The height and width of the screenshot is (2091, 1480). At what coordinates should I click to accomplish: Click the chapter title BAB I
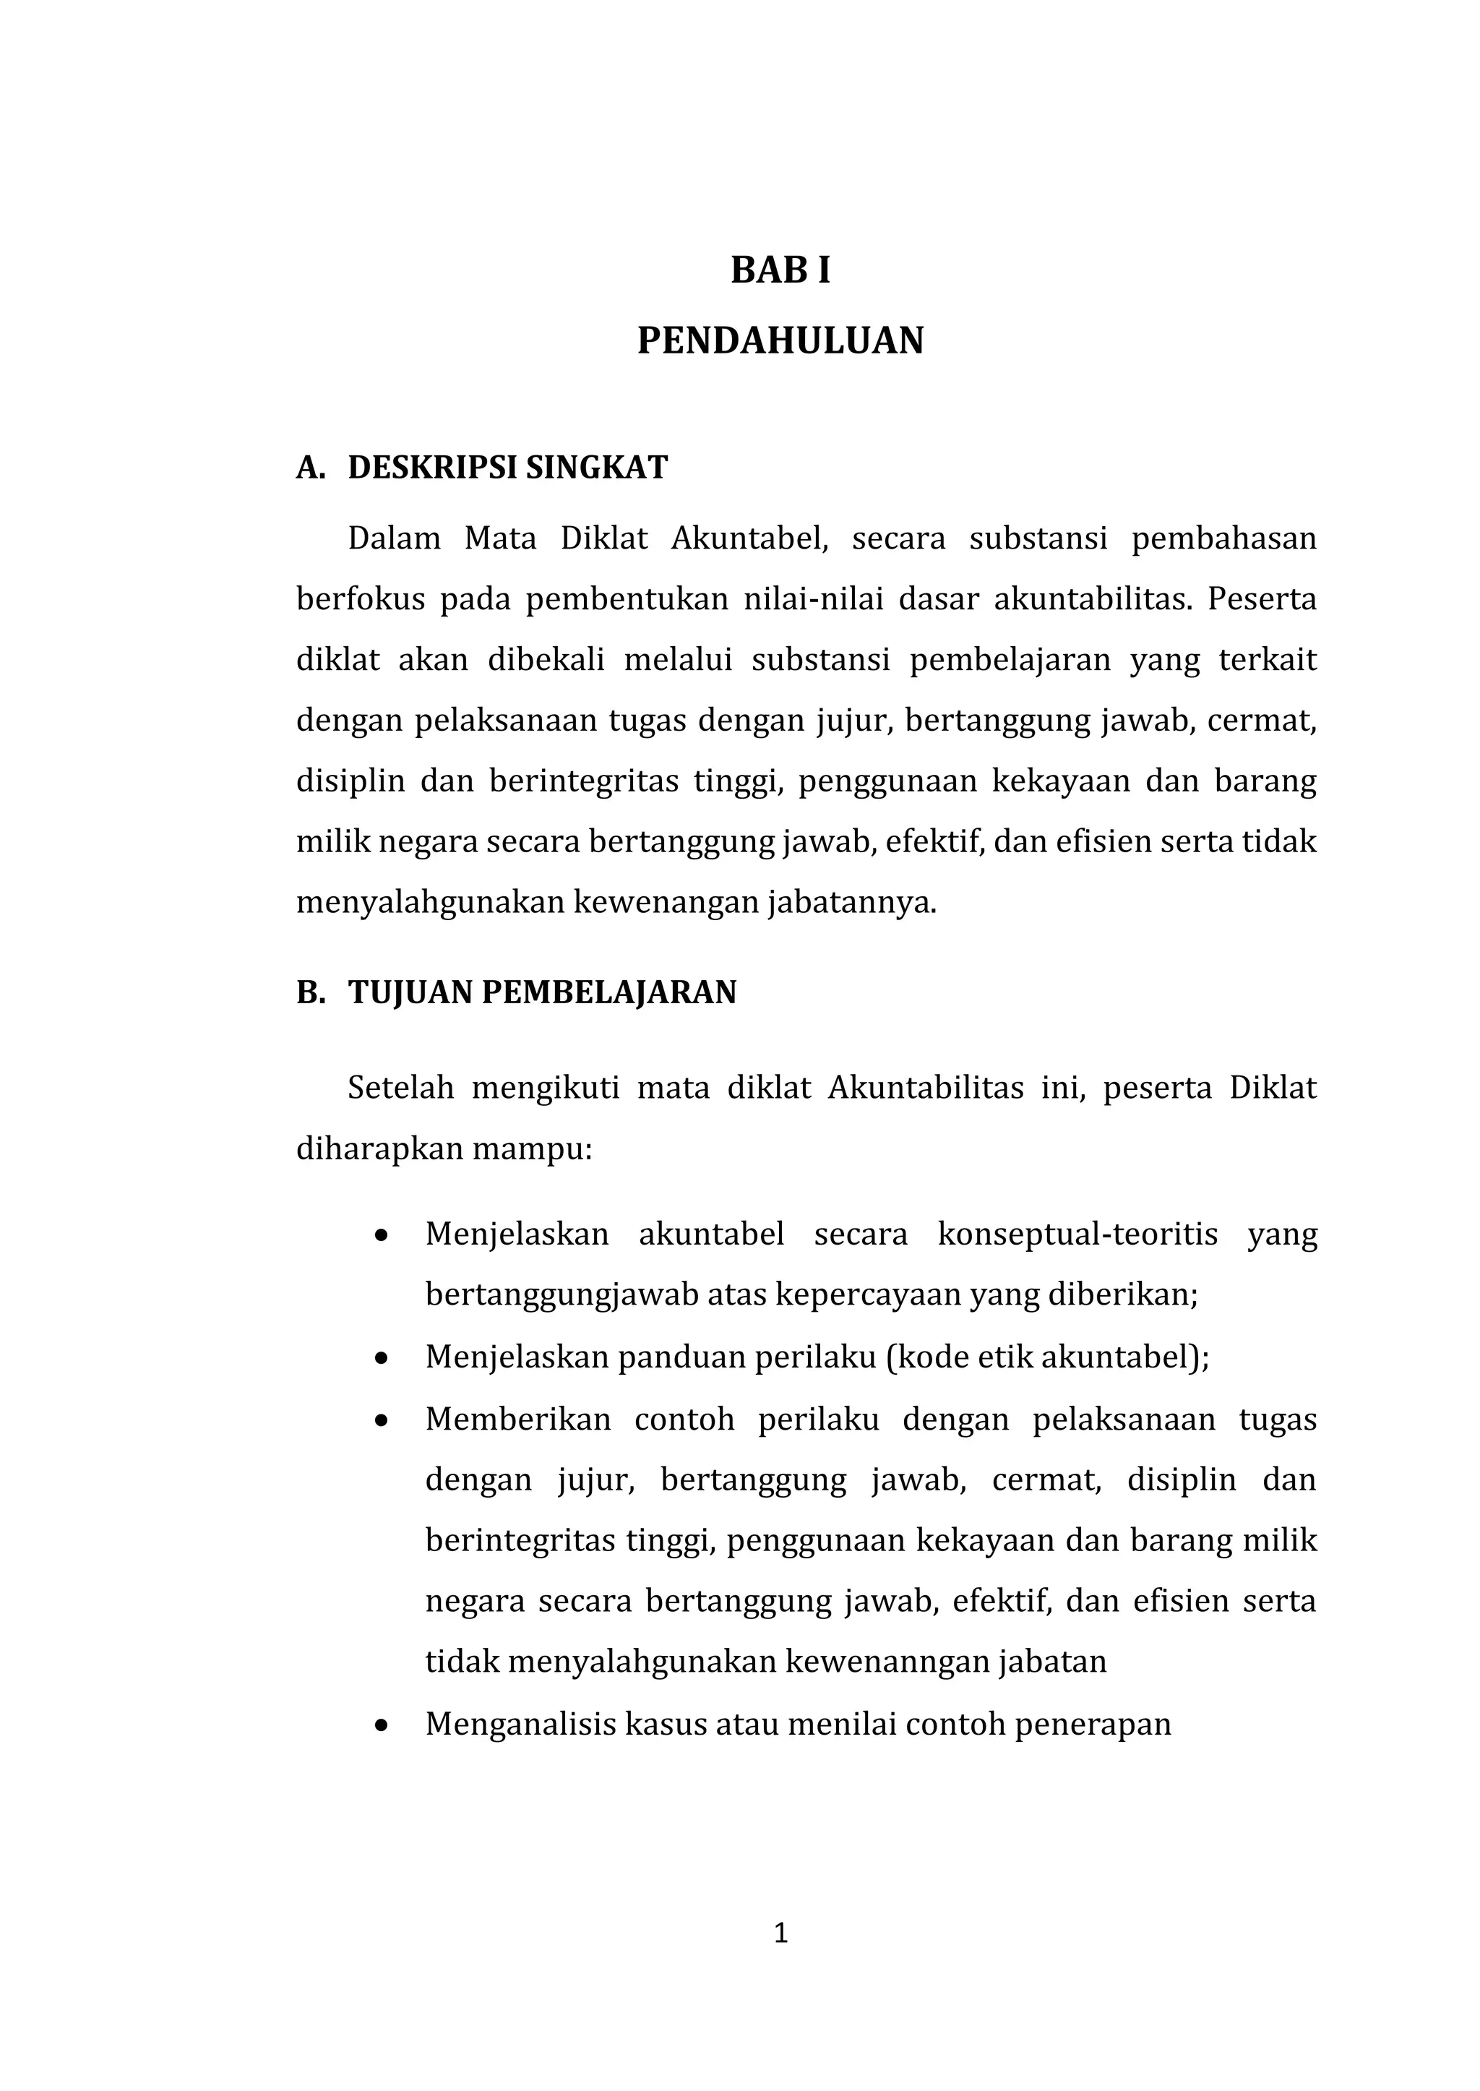[x=780, y=272]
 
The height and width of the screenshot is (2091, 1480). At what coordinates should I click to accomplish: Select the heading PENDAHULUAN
[x=780, y=341]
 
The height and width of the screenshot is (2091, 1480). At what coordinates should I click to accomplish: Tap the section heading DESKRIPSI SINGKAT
[x=507, y=468]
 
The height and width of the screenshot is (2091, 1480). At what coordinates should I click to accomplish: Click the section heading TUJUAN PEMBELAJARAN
[x=542, y=992]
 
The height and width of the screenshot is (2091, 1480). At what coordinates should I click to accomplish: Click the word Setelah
[x=400, y=1089]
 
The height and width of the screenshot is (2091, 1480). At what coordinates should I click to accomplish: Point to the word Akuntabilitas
[x=926, y=1089]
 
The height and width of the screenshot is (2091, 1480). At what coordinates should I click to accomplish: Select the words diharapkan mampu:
[x=444, y=1148]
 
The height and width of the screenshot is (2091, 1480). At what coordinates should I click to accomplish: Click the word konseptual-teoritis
[x=1077, y=1235]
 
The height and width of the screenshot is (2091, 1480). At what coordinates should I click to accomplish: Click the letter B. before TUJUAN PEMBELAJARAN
[x=310, y=992]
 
